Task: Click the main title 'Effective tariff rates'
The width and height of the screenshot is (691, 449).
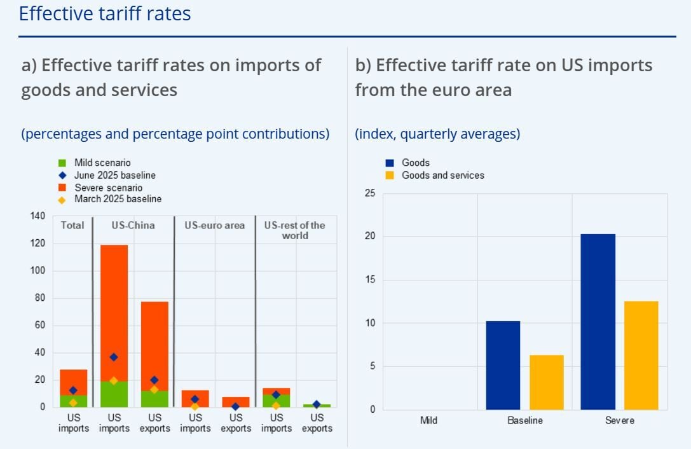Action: pyautogui.click(x=105, y=13)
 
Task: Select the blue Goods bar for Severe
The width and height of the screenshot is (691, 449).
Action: pyautogui.click(x=598, y=321)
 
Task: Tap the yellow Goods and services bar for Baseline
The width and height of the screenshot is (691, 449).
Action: pyautogui.click(x=546, y=382)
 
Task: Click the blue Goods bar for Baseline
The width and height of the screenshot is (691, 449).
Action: pyautogui.click(x=503, y=365)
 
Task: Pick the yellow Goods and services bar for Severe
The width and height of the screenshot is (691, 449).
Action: pyautogui.click(x=641, y=355)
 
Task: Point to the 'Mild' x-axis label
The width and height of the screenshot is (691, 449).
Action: pyautogui.click(x=429, y=420)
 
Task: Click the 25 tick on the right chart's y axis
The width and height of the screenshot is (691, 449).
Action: pyautogui.click(x=370, y=193)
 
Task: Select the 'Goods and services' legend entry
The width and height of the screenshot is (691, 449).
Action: pyautogui.click(x=442, y=175)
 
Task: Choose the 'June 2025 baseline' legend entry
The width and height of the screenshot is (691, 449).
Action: pyautogui.click(x=114, y=175)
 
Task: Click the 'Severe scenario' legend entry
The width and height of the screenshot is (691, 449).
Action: pyautogui.click(x=108, y=188)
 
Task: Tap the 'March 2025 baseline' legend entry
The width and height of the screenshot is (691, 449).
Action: pyautogui.click(x=118, y=199)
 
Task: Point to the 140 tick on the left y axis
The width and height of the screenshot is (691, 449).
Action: pyautogui.click(x=38, y=216)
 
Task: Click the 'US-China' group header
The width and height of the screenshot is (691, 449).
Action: pyautogui.click(x=133, y=225)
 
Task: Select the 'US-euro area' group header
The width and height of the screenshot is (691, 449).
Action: pyautogui.click(x=214, y=225)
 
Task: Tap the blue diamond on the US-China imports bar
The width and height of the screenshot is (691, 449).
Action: pyautogui.click(x=114, y=357)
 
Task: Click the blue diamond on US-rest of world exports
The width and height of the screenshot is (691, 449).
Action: pyautogui.click(x=317, y=404)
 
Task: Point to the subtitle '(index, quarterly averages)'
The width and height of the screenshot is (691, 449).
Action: pyautogui.click(x=437, y=134)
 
